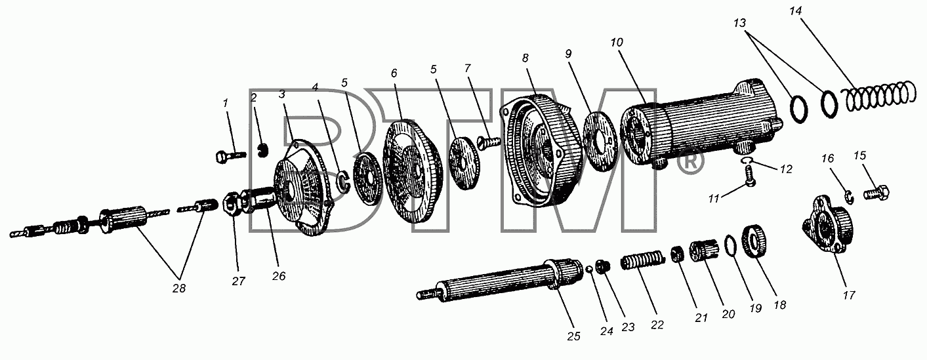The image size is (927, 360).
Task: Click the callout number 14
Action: tap(795, 11)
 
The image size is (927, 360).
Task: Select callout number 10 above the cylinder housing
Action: tap(617, 43)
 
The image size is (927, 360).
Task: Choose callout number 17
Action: tap(848, 296)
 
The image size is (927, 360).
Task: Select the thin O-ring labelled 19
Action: tap(731, 250)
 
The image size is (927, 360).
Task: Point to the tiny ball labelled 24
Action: tap(589, 270)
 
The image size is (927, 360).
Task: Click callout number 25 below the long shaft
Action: tap(573, 336)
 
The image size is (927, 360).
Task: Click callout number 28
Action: tap(179, 289)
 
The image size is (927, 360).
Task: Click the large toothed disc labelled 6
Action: tap(413, 172)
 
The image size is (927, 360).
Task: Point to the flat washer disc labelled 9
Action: tap(600, 141)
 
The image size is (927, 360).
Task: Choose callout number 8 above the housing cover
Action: tap(525, 58)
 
